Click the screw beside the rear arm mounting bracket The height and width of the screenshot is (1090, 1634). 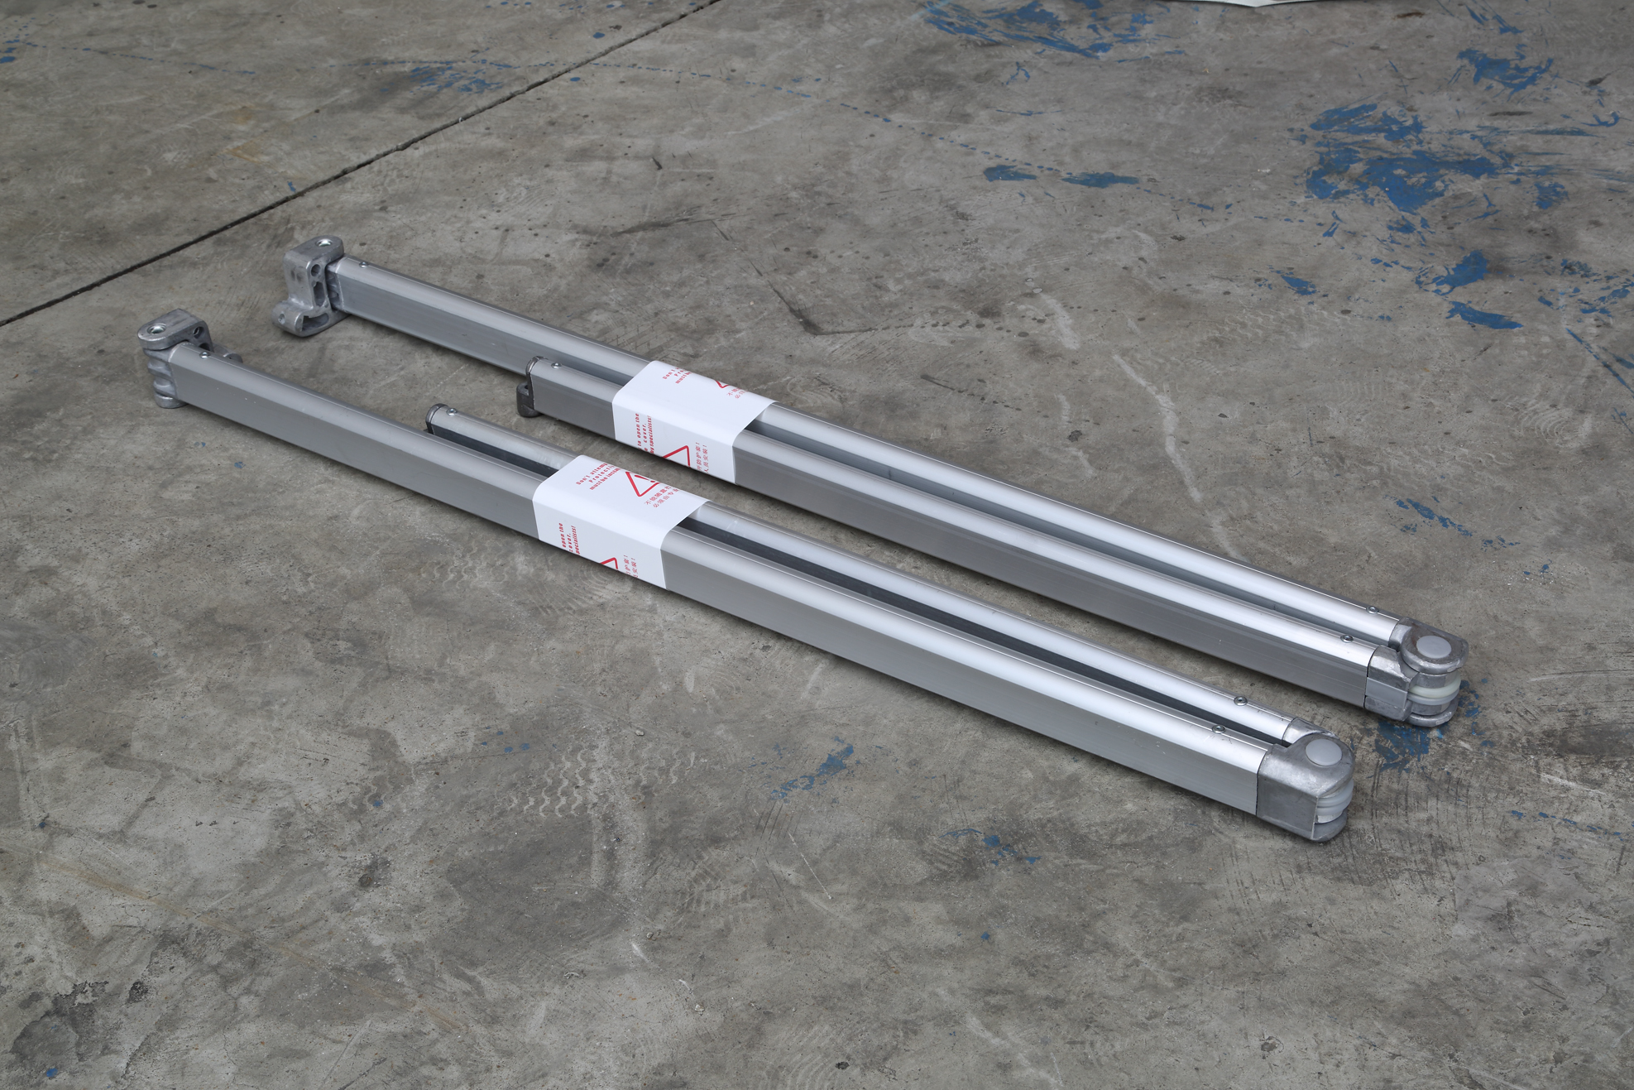(363, 264)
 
